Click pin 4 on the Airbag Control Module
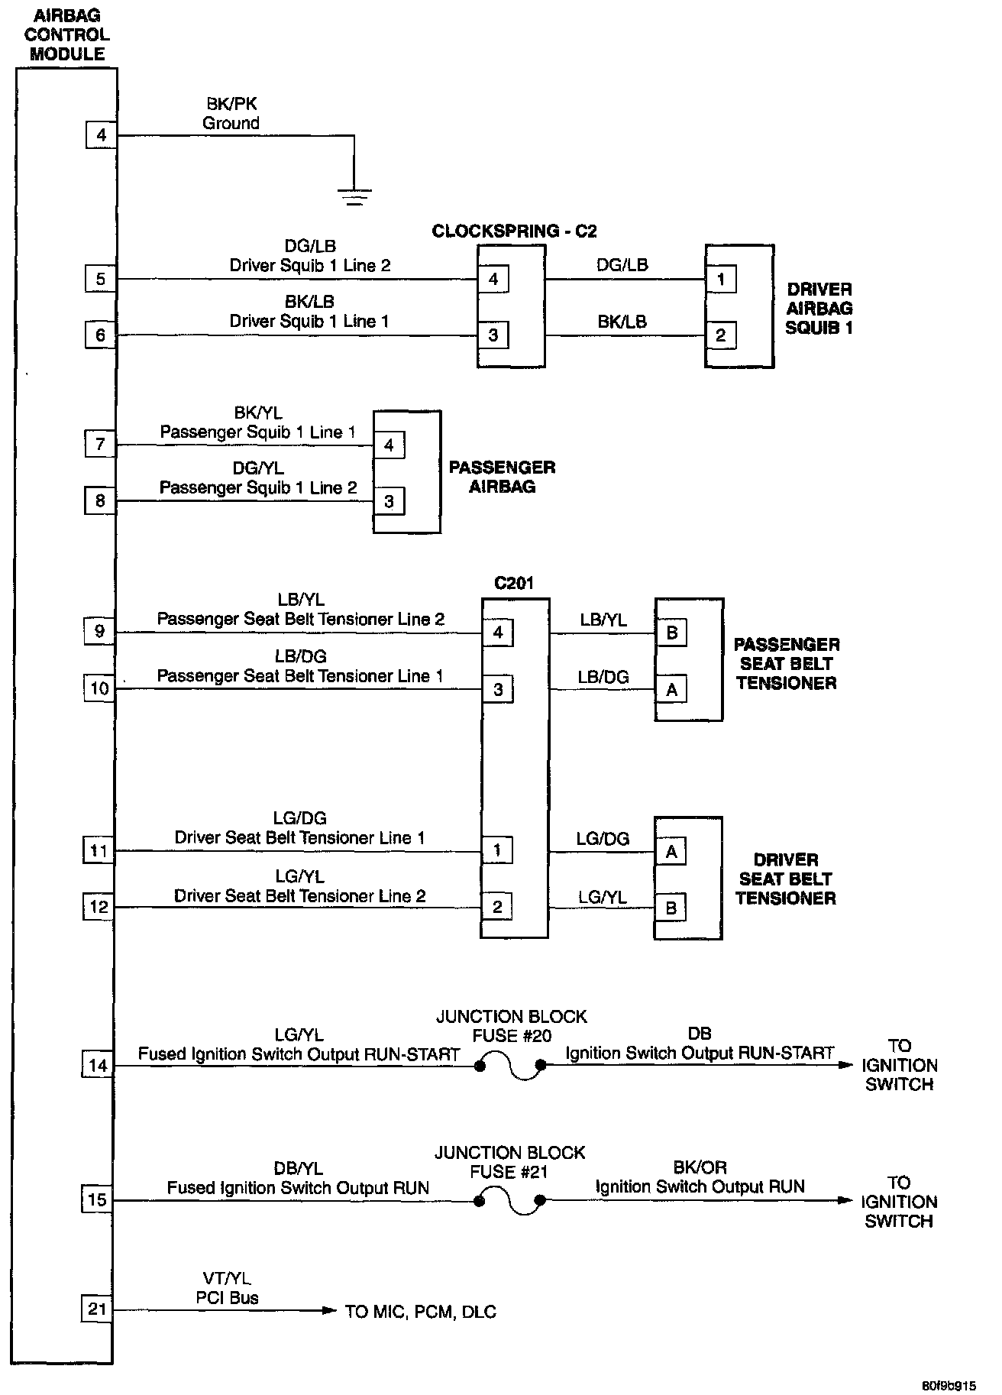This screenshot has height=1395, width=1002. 101,136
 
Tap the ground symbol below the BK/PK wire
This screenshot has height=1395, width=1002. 354,198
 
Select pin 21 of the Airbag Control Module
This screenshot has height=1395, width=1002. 97,1309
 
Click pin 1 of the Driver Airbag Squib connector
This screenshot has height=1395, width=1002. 721,280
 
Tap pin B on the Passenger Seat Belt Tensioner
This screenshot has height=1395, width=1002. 672,633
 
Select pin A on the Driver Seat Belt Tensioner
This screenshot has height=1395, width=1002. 672,851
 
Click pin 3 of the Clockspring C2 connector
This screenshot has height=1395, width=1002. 493,335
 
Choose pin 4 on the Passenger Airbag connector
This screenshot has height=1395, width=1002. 389,445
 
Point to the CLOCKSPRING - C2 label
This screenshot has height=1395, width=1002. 514,231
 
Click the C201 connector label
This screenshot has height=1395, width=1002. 514,584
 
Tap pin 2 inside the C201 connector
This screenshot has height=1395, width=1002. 497,907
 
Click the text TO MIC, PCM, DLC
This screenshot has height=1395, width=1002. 421,1312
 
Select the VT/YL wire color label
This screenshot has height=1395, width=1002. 228,1278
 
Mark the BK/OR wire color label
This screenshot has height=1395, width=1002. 700,1167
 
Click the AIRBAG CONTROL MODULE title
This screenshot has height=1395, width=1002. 66,35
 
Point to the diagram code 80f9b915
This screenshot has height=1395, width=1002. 949,1384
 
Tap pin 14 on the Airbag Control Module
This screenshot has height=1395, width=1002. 98,1065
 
